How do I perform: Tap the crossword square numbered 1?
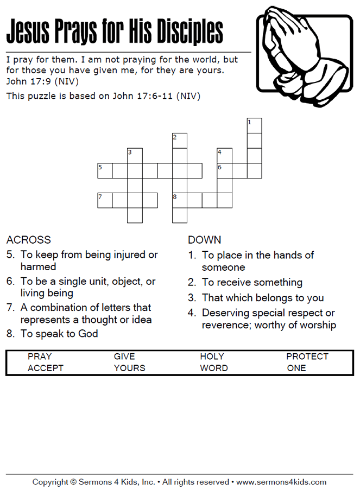tap(254, 125)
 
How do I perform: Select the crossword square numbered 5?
tap(105, 170)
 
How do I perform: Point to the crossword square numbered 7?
tap(105, 200)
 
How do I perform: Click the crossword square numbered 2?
tap(180, 141)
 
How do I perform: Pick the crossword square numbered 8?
tap(180, 200)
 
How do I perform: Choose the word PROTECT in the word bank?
tap(307, 357)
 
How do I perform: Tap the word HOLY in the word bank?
tap(212, 357)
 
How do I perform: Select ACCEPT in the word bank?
tap(46, 368)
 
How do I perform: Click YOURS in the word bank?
tap(129, 368)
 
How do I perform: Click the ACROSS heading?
tap(29, 240)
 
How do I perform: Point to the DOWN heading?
tap(204, 240)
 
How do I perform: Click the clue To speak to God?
tap(59, 334)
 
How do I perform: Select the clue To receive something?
tap(252, 282)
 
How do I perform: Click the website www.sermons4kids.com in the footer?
tap(281, 482)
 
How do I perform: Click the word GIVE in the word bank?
tap(124, 357)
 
